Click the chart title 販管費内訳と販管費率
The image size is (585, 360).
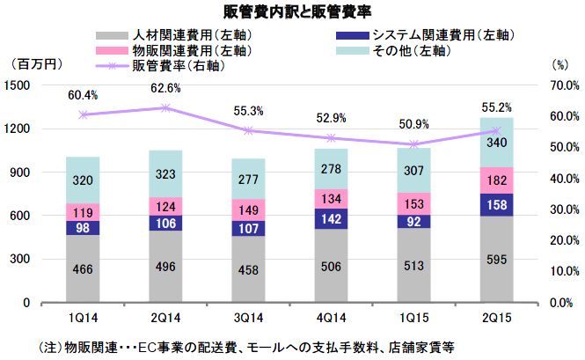[292, 11]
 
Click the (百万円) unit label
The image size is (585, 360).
[33, 65]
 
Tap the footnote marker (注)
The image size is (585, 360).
[40, 345]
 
